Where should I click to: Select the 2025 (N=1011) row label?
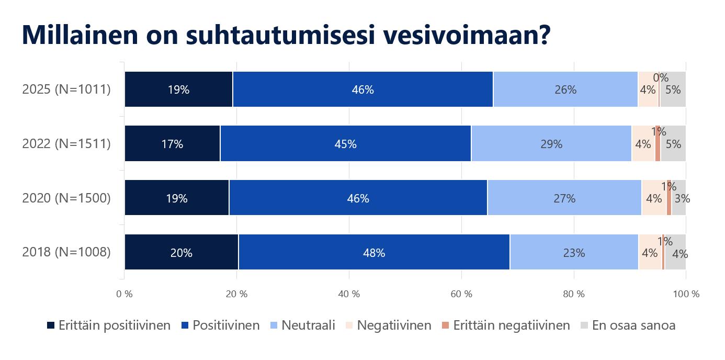click(66, 89)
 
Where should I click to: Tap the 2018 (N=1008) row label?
click(66, 252)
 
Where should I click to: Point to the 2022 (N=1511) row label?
click(66, 143)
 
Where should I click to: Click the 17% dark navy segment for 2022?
click(172, 143)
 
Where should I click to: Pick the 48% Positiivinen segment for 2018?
click(374, 252)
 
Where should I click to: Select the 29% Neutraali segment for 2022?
click(551, 143)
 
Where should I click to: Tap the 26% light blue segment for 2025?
click(565, 89)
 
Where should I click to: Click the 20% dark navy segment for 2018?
click(181, 252)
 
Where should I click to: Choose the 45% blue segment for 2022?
click(345, 143)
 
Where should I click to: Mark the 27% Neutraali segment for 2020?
click(564, 198)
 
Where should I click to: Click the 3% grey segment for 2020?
click(679, 198)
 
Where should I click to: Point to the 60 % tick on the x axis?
click(461, 294)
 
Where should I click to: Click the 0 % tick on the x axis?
click(124, 294)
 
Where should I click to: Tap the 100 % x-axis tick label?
click(686, 294)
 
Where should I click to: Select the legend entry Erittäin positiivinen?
click(109, 325)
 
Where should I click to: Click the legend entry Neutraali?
click(303, 325)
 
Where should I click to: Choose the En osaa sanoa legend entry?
click(628, 325)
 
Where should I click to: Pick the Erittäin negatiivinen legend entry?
click(506, 325)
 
